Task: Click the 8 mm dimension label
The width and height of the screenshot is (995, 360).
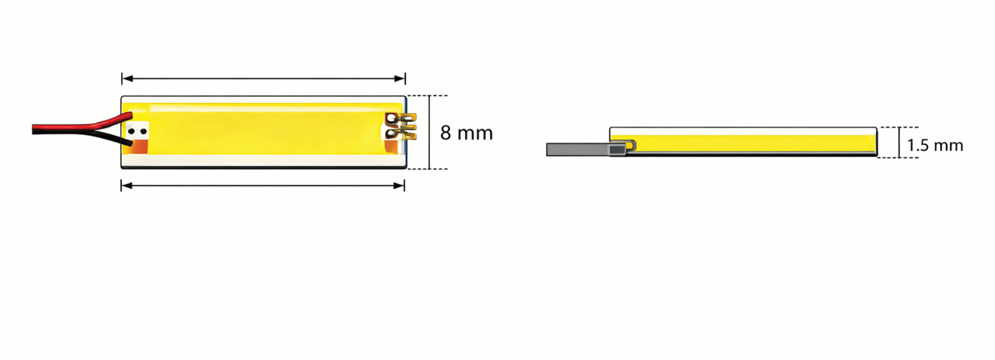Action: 467,133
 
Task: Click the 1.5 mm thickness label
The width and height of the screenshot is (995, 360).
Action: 934,145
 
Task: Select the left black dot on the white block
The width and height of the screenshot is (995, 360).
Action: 131,131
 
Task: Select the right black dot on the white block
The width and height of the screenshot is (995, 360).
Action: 143,131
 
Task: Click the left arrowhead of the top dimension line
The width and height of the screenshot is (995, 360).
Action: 128,79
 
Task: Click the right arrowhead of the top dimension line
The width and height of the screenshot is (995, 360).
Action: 400,79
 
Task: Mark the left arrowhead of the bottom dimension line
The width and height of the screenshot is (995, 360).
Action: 127,185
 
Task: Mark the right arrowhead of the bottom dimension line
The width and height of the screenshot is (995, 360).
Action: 399,185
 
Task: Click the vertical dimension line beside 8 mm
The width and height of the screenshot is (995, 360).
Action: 429,132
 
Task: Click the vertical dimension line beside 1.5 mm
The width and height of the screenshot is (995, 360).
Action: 900,142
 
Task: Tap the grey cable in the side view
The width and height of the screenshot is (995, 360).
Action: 578,149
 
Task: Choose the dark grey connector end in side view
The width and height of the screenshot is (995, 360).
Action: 617,150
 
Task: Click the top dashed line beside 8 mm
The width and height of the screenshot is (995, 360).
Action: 427,95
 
